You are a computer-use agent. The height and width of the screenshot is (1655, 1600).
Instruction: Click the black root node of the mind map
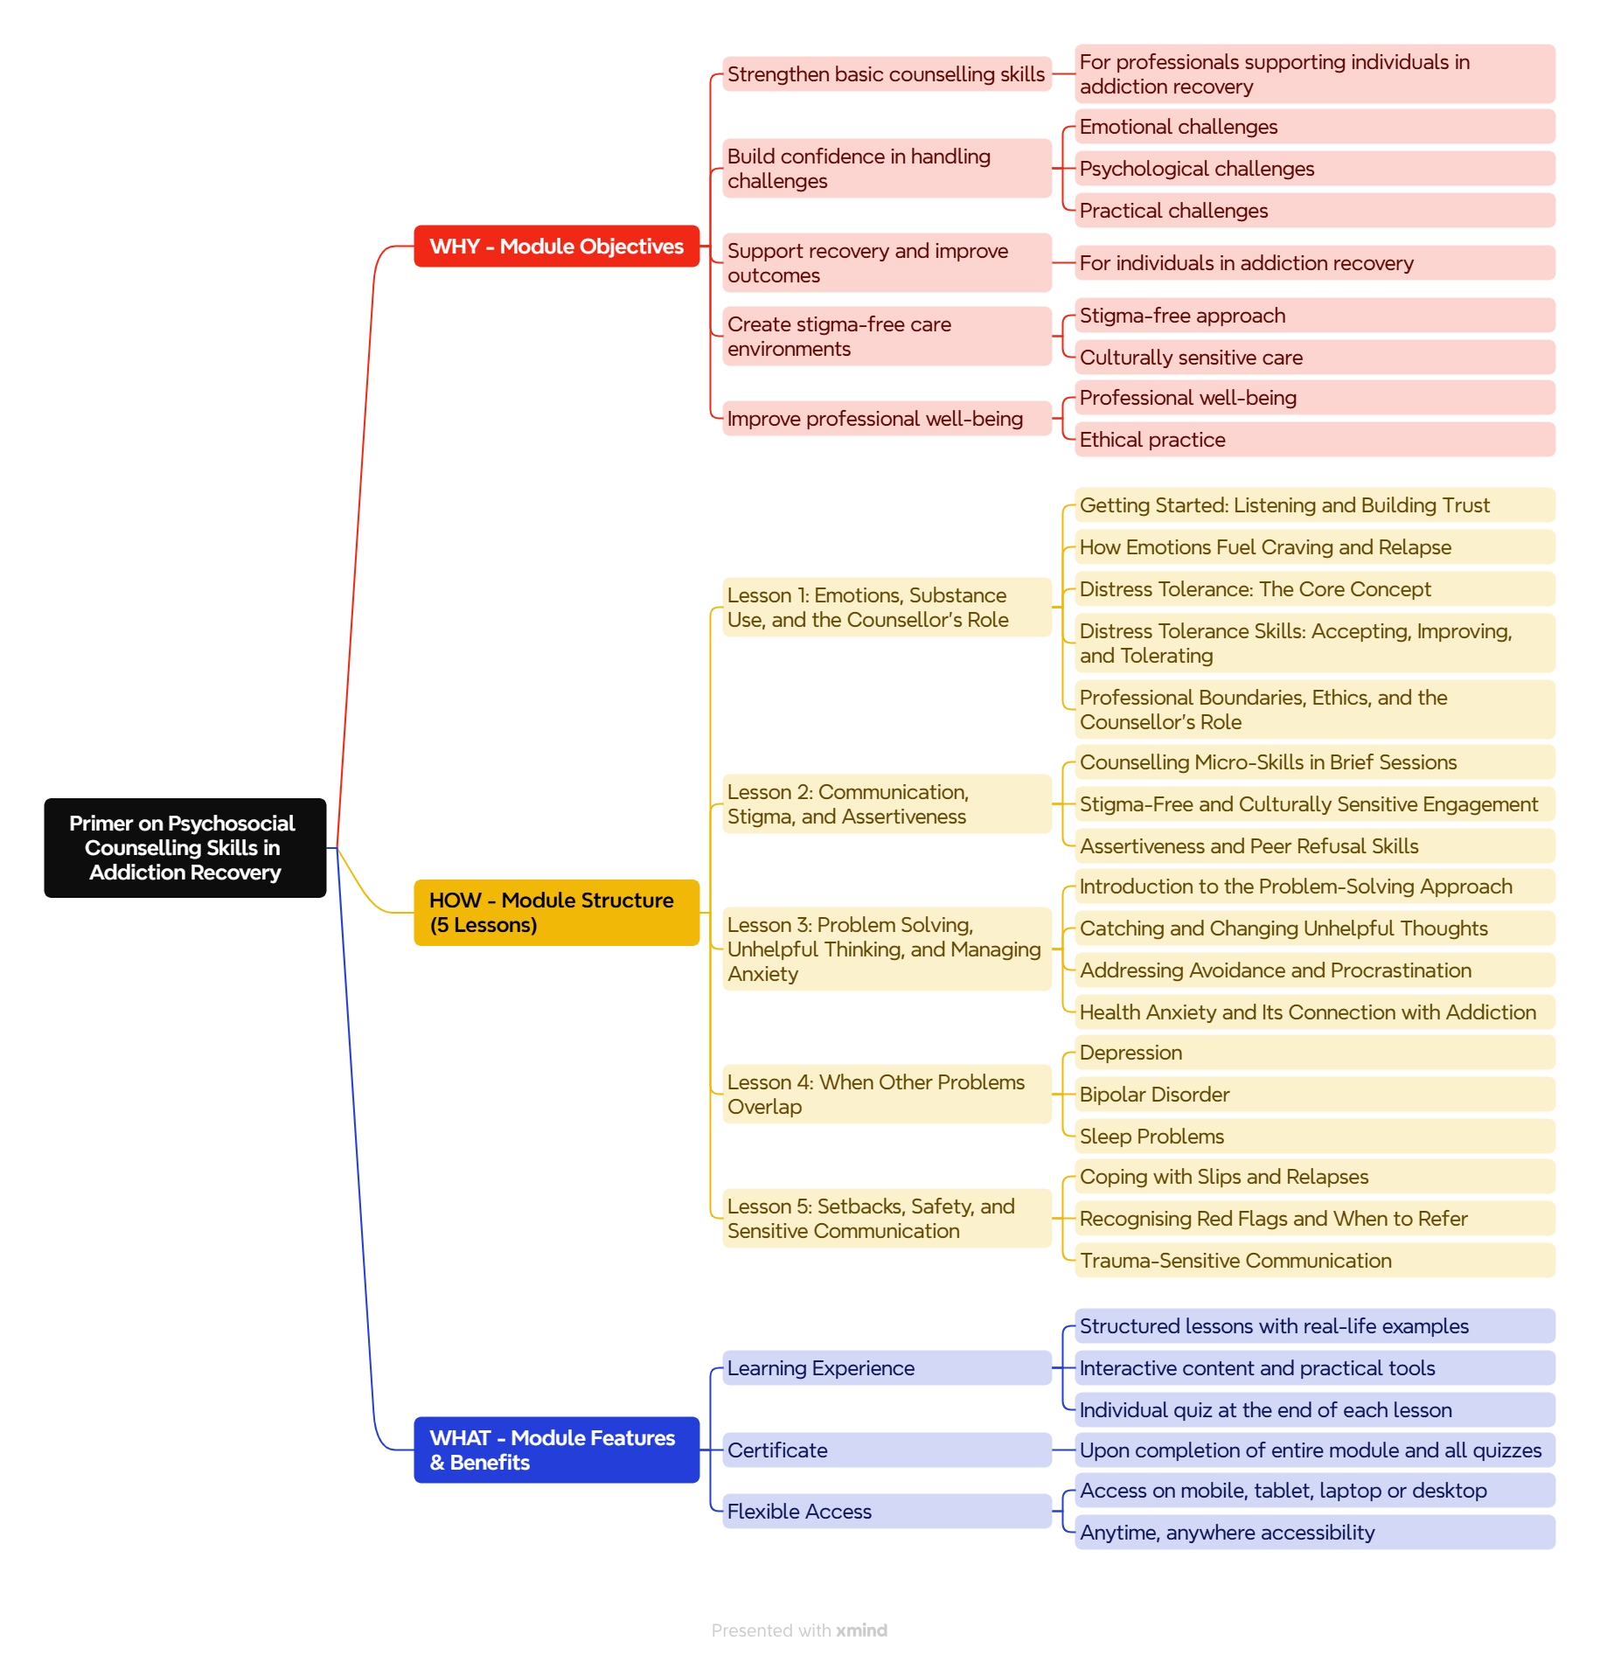[184, 847]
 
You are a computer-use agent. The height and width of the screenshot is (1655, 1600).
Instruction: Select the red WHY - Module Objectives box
[556, 247]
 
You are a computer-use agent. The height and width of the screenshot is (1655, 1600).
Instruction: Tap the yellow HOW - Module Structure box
[556, 913]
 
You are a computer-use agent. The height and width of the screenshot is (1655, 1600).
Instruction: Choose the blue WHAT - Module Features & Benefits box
[556, 1450]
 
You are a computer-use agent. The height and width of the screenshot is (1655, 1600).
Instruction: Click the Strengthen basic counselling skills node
[887, 74]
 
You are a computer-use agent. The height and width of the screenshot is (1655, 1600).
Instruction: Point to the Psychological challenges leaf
[1314, 169]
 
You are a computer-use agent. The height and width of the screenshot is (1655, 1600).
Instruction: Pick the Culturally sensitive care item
[1314, 358]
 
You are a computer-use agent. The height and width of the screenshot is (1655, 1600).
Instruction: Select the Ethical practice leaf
[1314, 440]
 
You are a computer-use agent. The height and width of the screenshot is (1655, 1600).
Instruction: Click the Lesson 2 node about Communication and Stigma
[887, 804]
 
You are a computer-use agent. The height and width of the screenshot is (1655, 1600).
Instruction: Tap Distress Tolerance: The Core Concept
[1314, 589]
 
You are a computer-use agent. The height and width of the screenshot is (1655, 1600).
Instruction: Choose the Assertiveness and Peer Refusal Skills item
[1314, 846]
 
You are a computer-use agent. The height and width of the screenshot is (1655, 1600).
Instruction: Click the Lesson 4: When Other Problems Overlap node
[887, 1095]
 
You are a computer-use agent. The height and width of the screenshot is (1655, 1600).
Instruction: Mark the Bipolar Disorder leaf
[1314, 1095]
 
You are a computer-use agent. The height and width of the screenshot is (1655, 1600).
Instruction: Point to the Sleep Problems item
[1314, 1137]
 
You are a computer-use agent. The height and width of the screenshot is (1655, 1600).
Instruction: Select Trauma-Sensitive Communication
[1314, 1261]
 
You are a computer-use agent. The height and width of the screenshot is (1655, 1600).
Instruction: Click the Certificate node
[887, 1450]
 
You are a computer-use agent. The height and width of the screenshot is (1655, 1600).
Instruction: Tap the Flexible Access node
[887, 1512]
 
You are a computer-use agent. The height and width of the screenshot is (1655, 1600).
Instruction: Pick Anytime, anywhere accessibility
[1314, 1533]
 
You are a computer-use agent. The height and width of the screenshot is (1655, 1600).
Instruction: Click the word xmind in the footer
[861, 1631]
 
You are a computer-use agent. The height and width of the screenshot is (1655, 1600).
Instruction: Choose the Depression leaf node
[1314, 1053]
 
